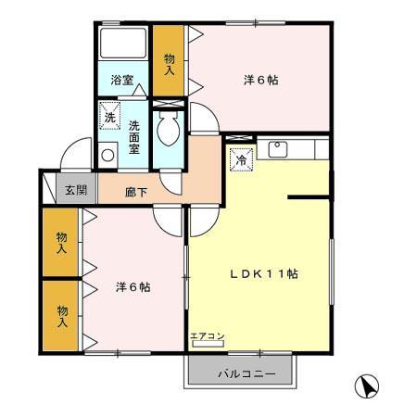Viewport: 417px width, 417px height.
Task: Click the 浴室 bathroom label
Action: pyautogui.click(x=122, y=80)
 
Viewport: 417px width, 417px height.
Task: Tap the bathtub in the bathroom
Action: pyautogui.click(x=122, y=47)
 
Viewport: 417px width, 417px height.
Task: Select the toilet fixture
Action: pyautogui.click(x=169, y=132)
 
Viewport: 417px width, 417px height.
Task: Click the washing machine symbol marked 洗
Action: pyautogui.click(x=110, y=118)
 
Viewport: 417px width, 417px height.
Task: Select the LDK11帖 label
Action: pyautogui.click(x=264, y=273)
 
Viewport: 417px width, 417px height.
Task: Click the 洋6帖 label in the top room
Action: pyautogui.click(x=261, y=80)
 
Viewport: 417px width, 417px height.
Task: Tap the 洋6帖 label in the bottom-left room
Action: pyautogui.click(x=133, y=286)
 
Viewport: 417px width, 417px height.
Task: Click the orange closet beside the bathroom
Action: pyautogui.click(x=169, y=60)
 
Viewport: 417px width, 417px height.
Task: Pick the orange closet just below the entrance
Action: pyautogui.click(x=61, y=243)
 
